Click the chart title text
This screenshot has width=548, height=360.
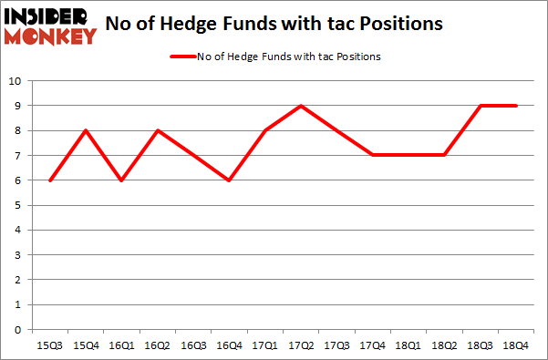[x=274, y=24]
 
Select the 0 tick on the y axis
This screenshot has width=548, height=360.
[x=16, y=330]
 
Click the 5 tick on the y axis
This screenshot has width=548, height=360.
[x=16, y=205]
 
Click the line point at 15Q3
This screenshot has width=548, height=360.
[x=50, y=180]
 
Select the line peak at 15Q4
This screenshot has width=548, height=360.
[x=85, y=130]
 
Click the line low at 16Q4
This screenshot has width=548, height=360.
[x=228, y=180]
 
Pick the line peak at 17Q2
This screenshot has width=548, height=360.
[x=301, y=106]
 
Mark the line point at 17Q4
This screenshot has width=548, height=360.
[x=373, y=155]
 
